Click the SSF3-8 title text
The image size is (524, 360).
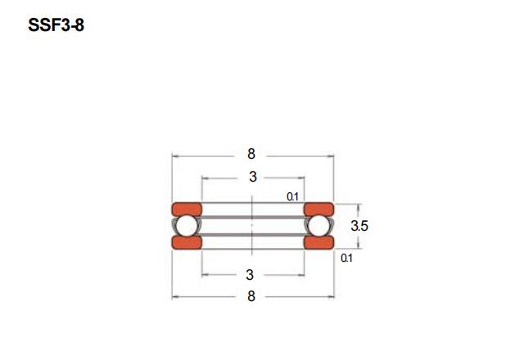[x=56, y=25]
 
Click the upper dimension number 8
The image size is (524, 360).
[x=251, y=154]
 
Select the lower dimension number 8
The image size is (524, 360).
[x=251, y=296]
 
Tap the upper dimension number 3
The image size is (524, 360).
[x=253, y=177]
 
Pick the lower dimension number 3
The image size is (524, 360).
[x=250, y=275]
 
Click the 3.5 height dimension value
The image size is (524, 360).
[x=359, y=226]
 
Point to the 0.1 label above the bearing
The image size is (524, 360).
[x=292, y=197]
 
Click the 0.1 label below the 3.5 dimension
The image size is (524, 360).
[x=346, y=259]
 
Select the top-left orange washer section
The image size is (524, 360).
[x=187, y=209]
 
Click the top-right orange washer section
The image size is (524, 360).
[x=318, y=209]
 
